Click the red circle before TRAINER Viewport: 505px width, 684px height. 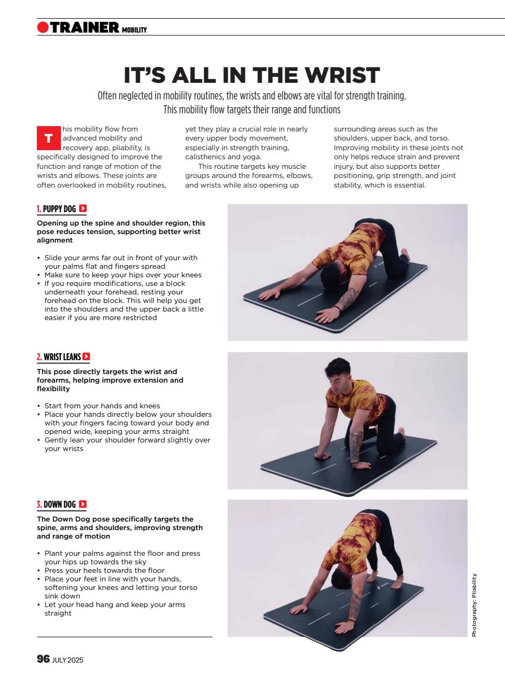(43, 27)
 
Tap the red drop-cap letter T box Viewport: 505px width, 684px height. (48, 139)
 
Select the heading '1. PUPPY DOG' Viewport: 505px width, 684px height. (57, 209)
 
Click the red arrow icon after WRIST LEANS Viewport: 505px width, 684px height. (87, 356)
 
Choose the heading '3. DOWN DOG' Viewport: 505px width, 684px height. (56, 504)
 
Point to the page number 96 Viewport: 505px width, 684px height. (43, 659)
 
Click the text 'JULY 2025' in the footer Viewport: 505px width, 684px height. (68, 660)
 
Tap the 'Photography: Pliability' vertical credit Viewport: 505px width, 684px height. (473, 605)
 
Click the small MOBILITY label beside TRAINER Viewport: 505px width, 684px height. (134, 30)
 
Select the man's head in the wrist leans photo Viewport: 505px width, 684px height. (338, 370)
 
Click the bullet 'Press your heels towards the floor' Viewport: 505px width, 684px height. (105, 571)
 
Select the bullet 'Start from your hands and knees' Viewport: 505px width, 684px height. (102, 406)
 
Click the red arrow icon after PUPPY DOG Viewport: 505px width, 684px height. (83, 208)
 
